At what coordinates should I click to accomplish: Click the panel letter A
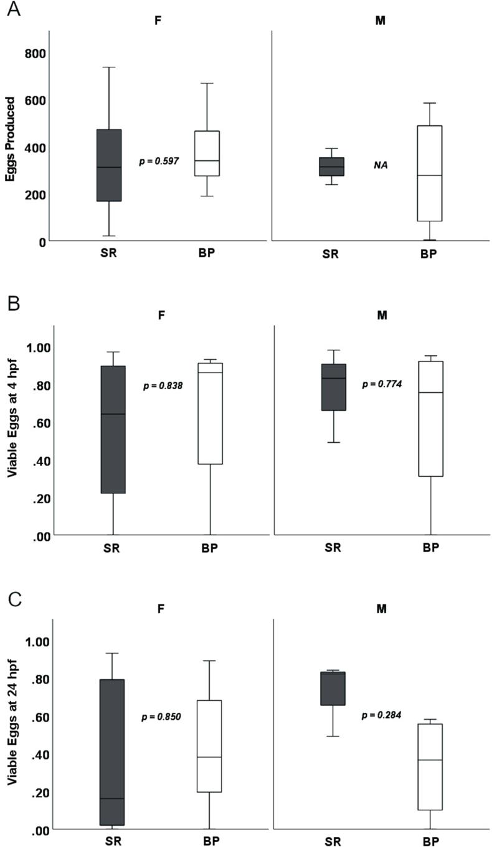click(14, 11)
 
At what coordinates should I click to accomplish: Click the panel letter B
click(14, 305)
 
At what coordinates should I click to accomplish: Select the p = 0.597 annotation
click(159, 161)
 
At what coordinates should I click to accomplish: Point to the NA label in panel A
click(381, 165)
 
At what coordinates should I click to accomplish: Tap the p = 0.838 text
click(163, 386)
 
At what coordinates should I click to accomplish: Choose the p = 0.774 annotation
click(382, 384)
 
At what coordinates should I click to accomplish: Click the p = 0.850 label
click(161, 717)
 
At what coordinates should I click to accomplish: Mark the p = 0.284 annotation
click(382, 715)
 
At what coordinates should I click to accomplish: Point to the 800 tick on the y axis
click(36, 53)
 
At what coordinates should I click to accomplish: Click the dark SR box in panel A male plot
click(332, 167)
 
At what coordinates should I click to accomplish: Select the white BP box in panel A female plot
click(207, 153)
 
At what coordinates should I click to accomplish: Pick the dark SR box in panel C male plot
click(333, 688)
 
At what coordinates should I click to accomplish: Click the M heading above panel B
click(382, 315)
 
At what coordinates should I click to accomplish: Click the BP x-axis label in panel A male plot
click(429, 254)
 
